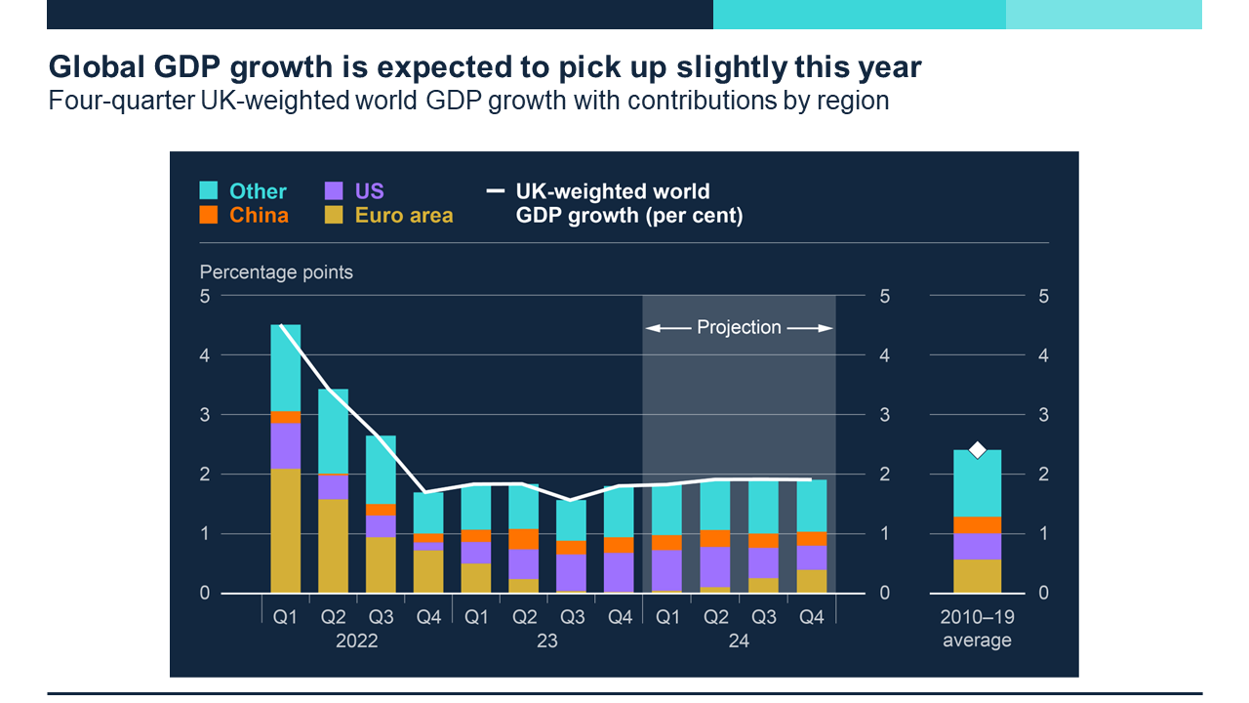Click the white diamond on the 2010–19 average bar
tap(977, 450)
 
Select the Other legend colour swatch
tap(208, 190)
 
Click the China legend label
tap(259, 216)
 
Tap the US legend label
tap(370, 190)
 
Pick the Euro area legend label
tap(404, 216)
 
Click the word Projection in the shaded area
tap(739, 328)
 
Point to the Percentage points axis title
tap(276, 272)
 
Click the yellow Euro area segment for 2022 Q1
tap(285, 530)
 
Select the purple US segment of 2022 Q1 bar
tap(285, 445)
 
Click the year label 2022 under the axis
tap(356, 641)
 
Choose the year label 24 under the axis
tap(739, 641)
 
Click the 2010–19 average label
tap(977, 630)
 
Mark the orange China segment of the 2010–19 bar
tap(977, 524)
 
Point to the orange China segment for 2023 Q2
tap(524, 539)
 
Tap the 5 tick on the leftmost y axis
tap(205, 296)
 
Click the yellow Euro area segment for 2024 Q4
tap(811, 581)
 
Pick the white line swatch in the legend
tap(496, 191)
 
